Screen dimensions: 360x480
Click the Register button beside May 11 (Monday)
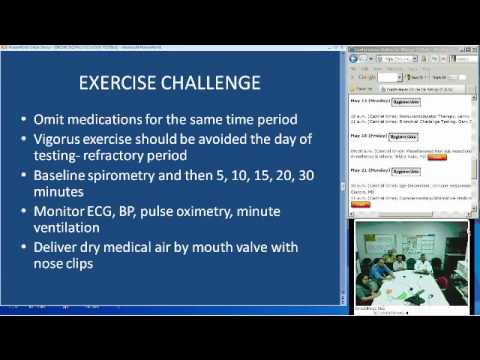pyautogui.click(x=405, y=102)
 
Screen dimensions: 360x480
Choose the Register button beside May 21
pyautogui.click(x=404, y=171)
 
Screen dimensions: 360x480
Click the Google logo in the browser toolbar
pyautogui.click(x=365, y=76)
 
